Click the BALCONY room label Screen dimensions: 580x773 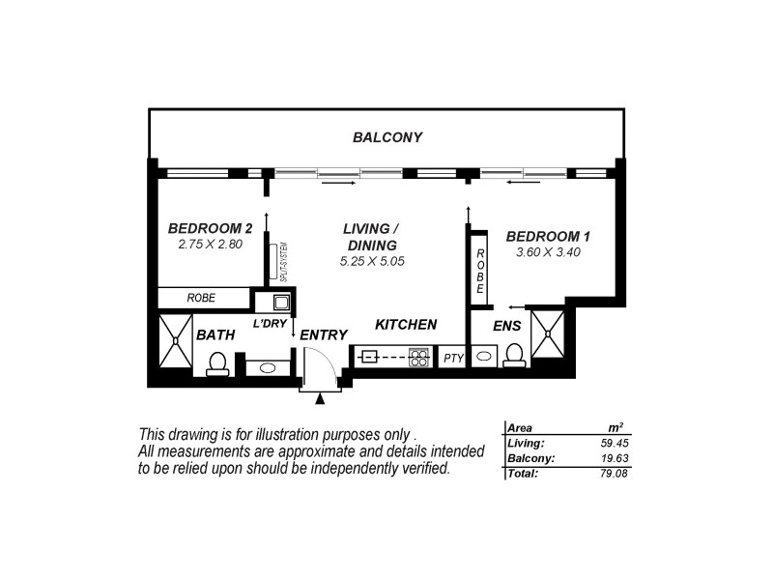386,137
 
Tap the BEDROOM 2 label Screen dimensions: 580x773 210,229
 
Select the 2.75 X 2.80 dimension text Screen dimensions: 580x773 210,245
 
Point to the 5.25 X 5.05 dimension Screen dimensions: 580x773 371,261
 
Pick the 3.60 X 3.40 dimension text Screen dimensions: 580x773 548,252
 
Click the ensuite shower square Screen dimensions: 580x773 548,332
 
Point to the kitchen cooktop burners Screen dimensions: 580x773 419,356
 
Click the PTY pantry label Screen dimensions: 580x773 453,358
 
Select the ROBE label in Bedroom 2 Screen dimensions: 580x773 201,299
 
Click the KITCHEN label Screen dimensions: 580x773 406,325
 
